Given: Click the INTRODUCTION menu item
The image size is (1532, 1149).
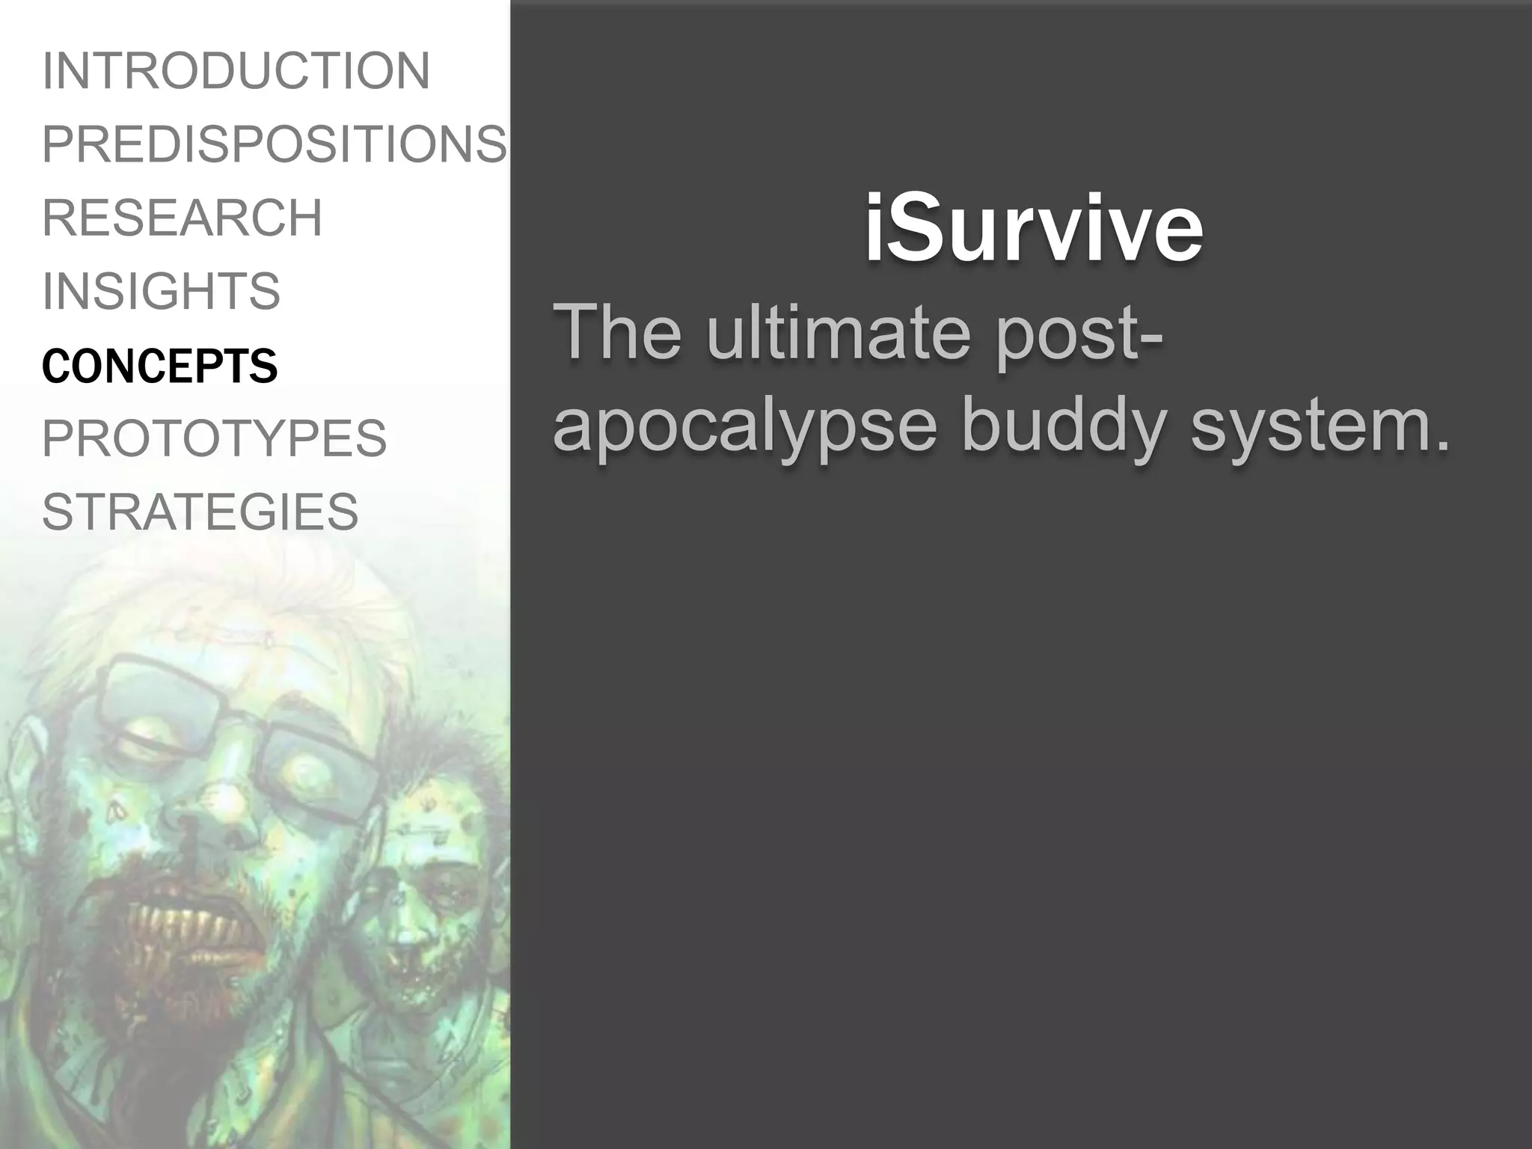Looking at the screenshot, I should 236,71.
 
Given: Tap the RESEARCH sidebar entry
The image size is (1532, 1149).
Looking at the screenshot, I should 183,218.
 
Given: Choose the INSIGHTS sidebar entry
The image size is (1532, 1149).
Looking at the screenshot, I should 162,291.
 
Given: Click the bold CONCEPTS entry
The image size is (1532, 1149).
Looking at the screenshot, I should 160,366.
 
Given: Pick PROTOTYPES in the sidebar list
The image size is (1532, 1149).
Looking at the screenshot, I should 215,438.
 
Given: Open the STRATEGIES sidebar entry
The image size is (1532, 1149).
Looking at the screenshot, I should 200,512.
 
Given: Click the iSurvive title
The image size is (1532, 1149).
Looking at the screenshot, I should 1034,227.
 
